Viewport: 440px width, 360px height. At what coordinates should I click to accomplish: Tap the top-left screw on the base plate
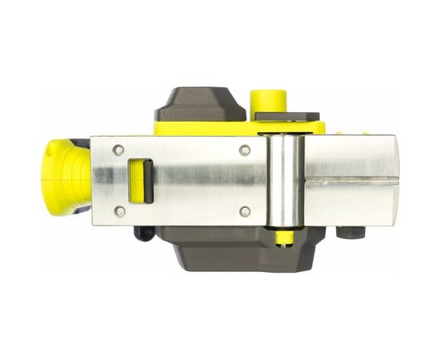click(x=118, y=150)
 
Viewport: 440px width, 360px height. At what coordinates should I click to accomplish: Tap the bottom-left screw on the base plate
click(x=118, y=211)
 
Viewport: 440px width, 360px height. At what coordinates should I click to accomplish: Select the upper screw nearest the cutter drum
click(x=245, y=150)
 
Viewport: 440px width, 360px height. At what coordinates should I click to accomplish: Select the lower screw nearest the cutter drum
click(x=245, y=211)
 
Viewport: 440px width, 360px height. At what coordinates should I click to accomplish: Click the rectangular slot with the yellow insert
click(x=141, y=181)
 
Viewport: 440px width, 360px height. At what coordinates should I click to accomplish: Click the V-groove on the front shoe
click(x=352, y=181)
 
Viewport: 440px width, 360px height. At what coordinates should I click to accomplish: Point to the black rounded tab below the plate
click(x=143, y=234)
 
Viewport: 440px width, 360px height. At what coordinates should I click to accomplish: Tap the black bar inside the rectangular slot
click(x=147, y=181)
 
